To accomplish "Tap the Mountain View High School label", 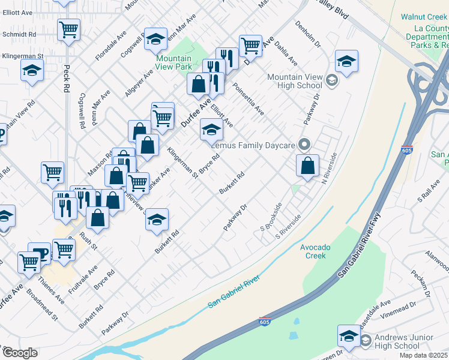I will point(295,81).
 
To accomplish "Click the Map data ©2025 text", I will point(423,355).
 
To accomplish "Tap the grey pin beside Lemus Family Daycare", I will point(304,145).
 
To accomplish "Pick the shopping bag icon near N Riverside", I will point(307,166).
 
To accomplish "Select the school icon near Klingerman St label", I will point(32,71).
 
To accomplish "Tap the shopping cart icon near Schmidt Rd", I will point(69,29).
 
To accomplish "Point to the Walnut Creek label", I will point(424,17).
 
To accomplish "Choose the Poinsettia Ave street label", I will point(249,99).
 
